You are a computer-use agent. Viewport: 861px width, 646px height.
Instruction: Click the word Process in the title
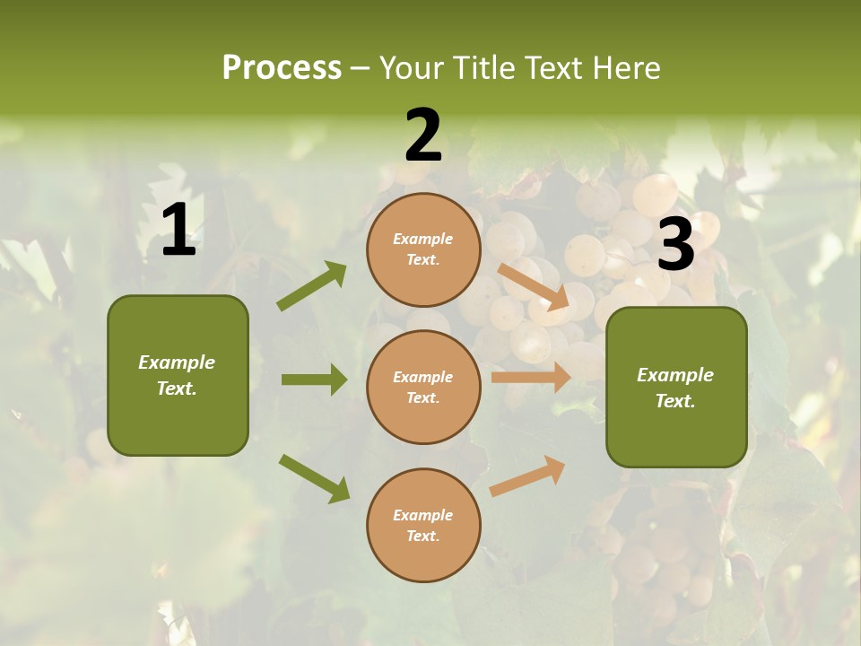282,67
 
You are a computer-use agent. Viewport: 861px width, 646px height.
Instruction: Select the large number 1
178,231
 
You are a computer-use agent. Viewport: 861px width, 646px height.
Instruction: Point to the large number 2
423,136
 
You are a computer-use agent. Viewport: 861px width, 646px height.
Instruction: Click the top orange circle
423,249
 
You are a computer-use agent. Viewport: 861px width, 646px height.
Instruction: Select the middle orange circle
423,387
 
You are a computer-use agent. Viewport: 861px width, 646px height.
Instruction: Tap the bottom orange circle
423,525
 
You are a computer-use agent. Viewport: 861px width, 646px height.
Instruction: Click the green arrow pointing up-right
312,286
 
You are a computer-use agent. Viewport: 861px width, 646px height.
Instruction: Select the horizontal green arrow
314,380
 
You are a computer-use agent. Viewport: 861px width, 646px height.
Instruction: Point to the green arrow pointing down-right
314,478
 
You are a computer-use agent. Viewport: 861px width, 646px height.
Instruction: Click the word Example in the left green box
177,362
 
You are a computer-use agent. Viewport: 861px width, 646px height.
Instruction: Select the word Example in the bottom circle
423,515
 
